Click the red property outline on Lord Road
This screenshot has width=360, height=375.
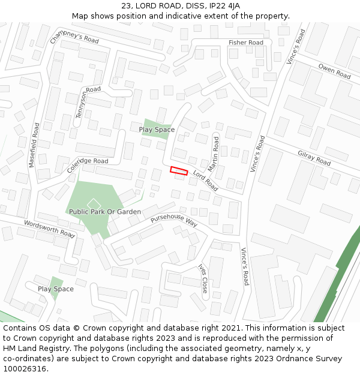[179, 171]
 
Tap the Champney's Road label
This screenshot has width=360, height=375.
[74, 38]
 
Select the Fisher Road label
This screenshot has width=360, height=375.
[245, 43]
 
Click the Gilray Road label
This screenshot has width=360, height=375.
[314, 158]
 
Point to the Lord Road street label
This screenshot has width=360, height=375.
[205, 179]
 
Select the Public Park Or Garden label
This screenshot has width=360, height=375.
[105, 212]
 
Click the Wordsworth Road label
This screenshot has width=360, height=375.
[49, 229]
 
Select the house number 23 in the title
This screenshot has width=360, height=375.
[126, 5]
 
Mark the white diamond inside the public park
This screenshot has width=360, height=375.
[93, 204]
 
